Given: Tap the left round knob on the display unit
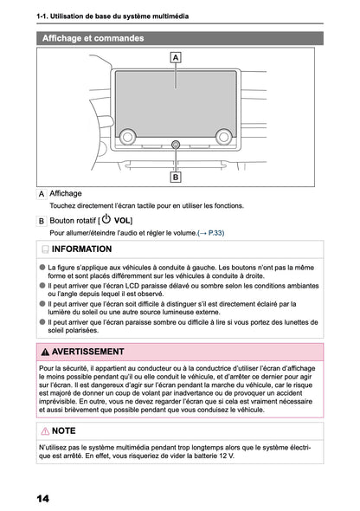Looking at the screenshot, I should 128,136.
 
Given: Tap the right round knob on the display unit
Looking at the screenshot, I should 224,136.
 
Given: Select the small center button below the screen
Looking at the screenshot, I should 176,144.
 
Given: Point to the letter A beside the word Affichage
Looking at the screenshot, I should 42,194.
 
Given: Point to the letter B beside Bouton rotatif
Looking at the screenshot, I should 42,222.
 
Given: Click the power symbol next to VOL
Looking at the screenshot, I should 106,220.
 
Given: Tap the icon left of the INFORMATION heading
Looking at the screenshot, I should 45,249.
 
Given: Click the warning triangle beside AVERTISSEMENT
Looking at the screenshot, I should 45,353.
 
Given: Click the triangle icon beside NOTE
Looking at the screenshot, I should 45,430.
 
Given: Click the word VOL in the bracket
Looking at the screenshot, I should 122,222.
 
